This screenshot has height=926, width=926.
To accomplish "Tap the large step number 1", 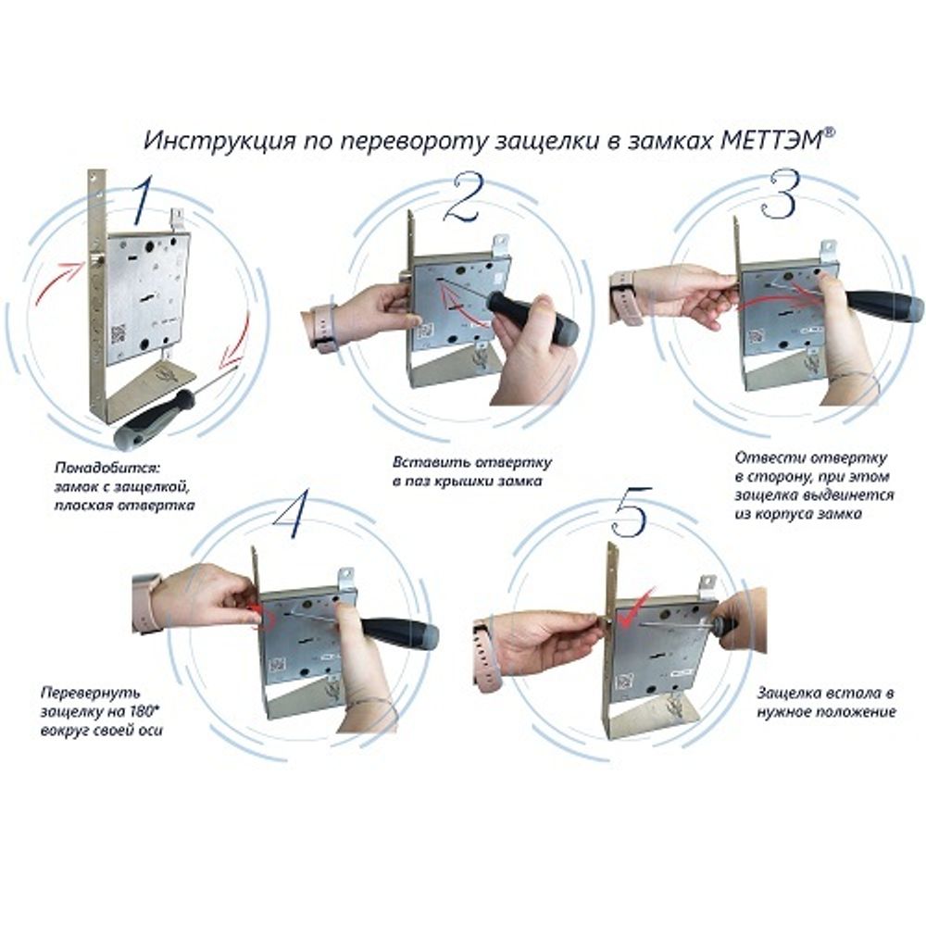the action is [x=143, y=200].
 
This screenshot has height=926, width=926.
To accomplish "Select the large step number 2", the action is [x=464, y=198].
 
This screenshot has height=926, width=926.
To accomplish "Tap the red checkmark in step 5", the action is [x=635, y=607].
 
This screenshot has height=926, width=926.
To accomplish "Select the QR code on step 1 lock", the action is [x=119, y=333].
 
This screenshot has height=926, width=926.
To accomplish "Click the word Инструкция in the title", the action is [x=220, y=143].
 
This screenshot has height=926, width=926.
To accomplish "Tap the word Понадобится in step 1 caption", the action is [x=107, y=469].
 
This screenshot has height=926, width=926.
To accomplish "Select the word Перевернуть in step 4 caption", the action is [x=91, y=692].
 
